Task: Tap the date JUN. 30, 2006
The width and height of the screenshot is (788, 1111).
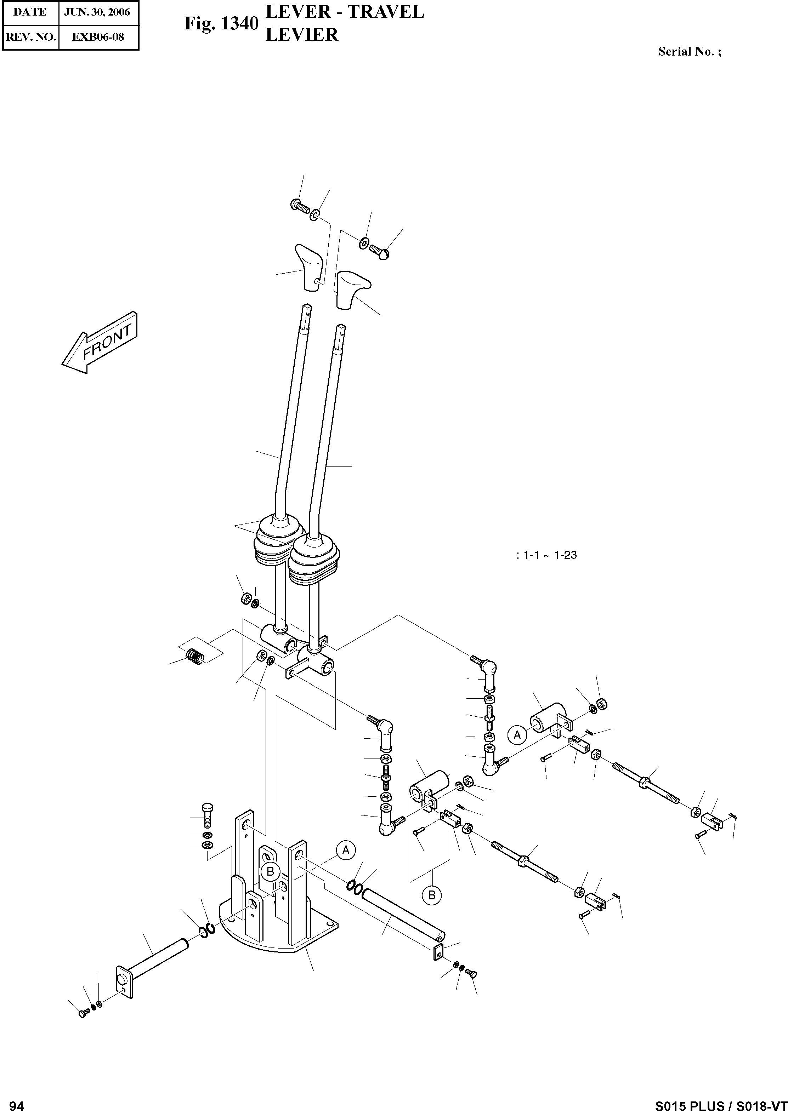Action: click(97, 12)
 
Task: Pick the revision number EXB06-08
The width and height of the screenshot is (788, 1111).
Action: click(97, 37)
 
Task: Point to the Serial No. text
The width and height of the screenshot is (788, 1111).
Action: click(689, 52)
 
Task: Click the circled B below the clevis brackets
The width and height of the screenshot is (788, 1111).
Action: click(431, 895)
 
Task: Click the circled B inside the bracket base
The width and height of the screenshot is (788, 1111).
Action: click(270, 871)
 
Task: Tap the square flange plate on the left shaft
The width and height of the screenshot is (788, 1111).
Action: click(125, 982)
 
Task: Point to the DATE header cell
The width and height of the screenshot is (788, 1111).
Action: click(30, 12)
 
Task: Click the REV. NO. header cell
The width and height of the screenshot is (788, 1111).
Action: click(30, 37)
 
